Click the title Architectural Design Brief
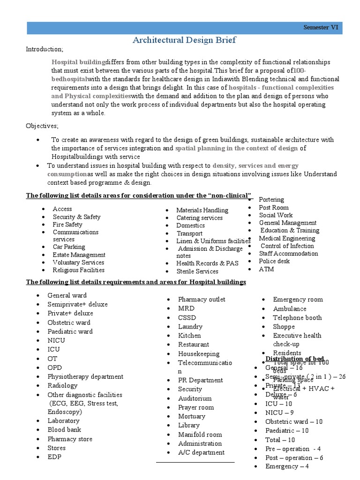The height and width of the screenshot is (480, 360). [x=184, y=40]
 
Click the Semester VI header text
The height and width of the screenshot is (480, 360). [x=321, y=27]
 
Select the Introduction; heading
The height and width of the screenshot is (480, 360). [x=44, y=50]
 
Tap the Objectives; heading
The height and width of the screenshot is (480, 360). [x=42, y=126]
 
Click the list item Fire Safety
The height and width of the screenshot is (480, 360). [x=67, y=225]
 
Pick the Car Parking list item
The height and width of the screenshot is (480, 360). [x=69, y=247]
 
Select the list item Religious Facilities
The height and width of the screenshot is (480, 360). [x=78, y=270]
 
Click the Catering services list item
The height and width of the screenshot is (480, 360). [x=199, y=218]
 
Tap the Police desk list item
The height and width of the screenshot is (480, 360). [x=274, y=261]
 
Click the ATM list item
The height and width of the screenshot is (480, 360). [x=266, y=269]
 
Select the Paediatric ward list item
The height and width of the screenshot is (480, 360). [x=70, y=331]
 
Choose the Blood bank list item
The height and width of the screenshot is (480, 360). [x=64, y=429]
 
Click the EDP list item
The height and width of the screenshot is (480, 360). [x=54, y=457]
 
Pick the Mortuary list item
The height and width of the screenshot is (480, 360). [x=191, y=416]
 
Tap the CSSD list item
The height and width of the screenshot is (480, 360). [x=187, y=317]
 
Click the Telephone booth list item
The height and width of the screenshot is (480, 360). [x=297, y=317]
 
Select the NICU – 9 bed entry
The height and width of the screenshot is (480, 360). [x=279, y=412]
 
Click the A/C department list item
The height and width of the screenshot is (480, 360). [x=201, y=452]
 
